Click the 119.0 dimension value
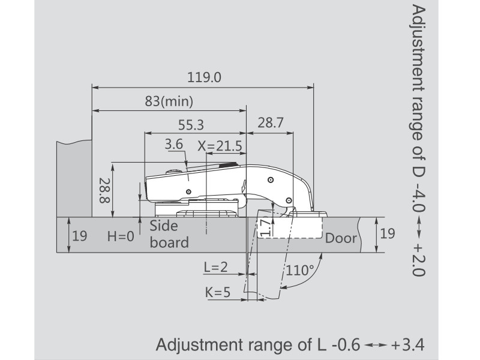point(204,77)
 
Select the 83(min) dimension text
point(169,101)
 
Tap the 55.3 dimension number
point(191,125)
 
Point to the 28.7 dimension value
point(271,122)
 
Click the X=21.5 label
point(220,146)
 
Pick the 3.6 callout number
point(173,144)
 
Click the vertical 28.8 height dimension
point(104,190)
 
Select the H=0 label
point(121,236)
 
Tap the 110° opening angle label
point(299,270)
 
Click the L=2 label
point(216,267)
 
